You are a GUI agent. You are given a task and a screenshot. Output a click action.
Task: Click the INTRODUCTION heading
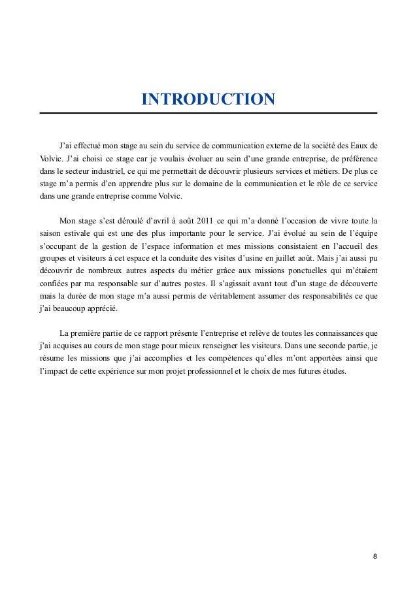208,99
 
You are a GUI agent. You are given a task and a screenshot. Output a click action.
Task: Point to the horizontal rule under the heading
208,114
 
